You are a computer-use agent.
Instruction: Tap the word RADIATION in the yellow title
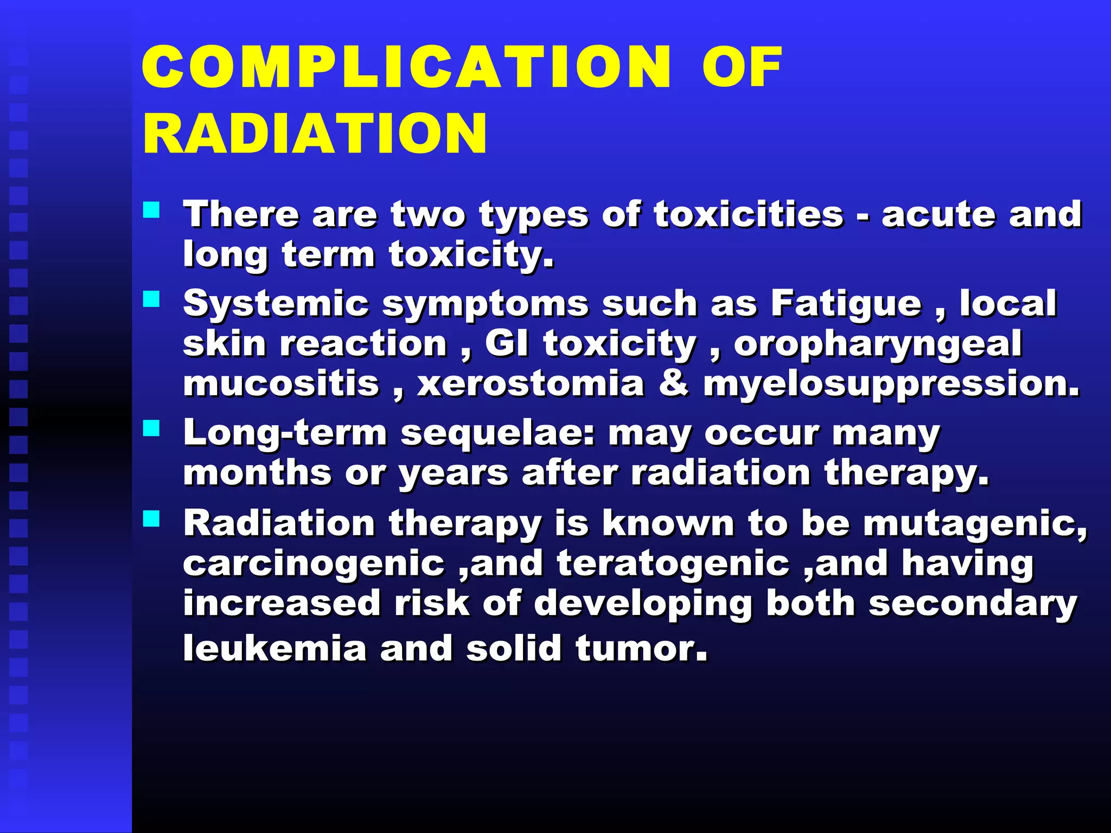(x=315, y=133)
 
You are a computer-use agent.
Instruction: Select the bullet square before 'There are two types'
(x=151, y=210)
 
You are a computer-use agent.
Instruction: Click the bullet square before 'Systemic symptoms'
(x=151, y=299)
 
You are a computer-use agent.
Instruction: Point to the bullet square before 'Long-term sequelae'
(x=151, y=429)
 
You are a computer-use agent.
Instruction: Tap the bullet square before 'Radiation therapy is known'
(x=151, y=519)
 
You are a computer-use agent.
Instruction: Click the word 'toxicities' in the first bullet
(x=749, y=214)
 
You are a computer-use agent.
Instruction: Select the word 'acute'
(x=937, y=214)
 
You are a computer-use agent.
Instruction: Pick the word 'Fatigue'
(x=846, y=304)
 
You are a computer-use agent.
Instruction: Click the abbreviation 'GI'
(x=507, y=344)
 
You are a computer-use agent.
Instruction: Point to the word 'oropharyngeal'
(x=878, y=345)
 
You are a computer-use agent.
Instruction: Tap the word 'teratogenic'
(x=673, y=564)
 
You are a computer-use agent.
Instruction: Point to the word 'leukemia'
(x=274, y=649)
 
